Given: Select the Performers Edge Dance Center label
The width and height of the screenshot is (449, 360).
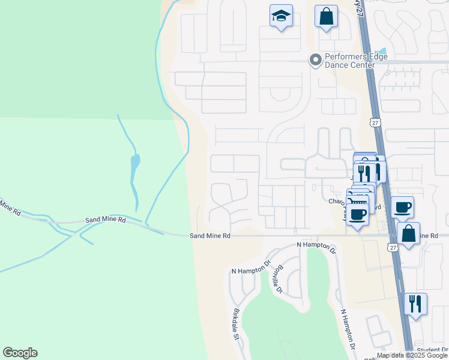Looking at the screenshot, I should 356,61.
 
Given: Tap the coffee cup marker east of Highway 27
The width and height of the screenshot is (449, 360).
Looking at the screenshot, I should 402,207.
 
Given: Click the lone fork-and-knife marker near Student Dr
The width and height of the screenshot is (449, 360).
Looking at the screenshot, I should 415,303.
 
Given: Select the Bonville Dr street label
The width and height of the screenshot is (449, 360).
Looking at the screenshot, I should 277,279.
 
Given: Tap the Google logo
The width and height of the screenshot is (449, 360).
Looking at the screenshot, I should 20,353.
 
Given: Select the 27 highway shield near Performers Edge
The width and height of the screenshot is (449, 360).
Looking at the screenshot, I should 376,122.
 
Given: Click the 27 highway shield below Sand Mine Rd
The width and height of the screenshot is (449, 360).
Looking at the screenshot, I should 392,247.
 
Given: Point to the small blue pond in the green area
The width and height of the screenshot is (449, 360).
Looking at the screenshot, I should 135,161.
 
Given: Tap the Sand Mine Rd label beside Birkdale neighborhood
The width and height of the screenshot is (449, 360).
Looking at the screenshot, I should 210,236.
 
